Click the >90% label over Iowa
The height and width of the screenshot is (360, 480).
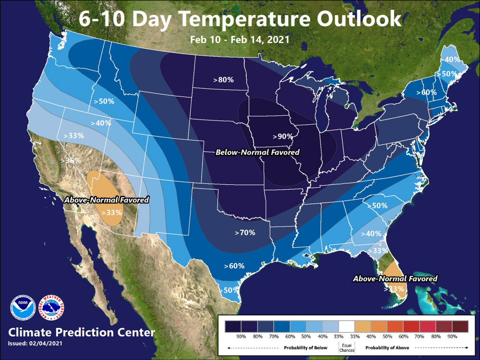(283, 136)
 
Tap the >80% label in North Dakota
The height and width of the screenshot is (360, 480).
(223, 80)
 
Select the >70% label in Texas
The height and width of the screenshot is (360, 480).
(245, 233)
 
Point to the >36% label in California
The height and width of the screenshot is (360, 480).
(71, 160)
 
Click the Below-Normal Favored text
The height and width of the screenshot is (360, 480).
(257, 152)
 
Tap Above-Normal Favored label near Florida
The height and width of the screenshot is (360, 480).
(395, 278)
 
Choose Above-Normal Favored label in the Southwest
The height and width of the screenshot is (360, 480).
(107, 199)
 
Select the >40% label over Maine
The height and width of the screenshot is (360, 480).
(452, 60)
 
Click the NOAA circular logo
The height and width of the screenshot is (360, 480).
(23, 307)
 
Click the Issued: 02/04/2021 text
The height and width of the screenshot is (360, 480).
(35, 344)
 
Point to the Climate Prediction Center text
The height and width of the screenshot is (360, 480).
(82, 332)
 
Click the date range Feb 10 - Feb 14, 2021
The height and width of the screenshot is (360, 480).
(240, 39)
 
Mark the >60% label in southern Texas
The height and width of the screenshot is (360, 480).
(234, 266)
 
